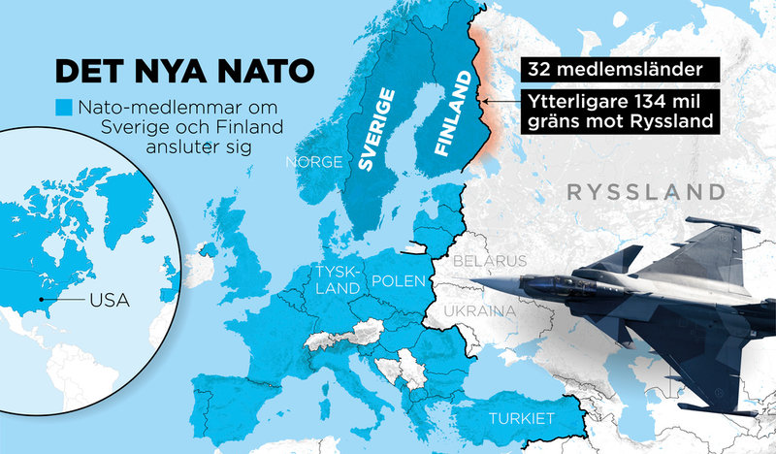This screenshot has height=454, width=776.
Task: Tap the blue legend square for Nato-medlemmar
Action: coord(65,107)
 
